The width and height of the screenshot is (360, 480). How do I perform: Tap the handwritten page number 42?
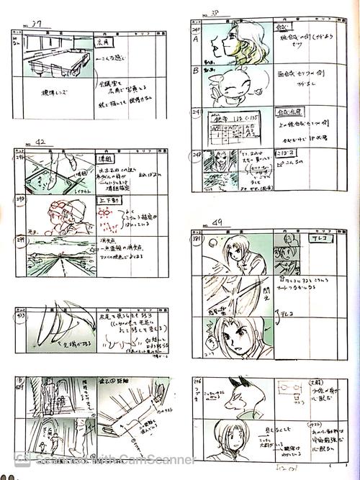[44, 143]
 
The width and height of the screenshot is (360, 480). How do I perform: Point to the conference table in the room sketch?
[57, 61]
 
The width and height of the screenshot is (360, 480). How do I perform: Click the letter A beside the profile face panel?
[195, 41]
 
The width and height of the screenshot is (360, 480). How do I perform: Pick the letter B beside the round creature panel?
[195, 71]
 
